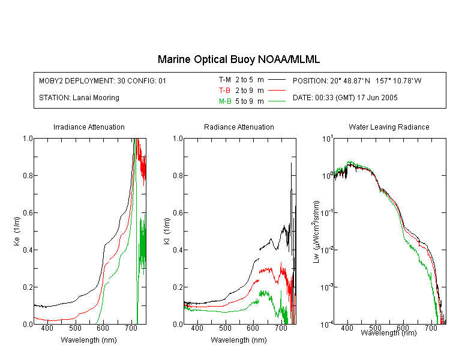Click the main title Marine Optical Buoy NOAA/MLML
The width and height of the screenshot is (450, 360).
238,59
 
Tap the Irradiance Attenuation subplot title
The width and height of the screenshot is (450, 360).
89,127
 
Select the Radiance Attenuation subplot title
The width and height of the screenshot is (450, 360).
239,127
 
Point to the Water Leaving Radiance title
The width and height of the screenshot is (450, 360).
389,127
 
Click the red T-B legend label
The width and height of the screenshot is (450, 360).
224,91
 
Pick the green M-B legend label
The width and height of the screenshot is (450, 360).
225,101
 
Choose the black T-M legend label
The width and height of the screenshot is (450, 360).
225,80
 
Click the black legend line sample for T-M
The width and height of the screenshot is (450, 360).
277,80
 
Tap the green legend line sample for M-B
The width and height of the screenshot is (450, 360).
277,101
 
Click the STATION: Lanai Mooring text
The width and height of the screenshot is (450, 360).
79,98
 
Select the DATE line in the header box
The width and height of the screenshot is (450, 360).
345,98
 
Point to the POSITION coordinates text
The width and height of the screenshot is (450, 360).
357,80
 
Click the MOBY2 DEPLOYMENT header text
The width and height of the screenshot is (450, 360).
103,80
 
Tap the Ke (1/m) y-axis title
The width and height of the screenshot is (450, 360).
17,231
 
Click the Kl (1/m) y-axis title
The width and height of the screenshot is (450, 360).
167,231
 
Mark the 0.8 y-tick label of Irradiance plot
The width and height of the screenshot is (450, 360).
28,175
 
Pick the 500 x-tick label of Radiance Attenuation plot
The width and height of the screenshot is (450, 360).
225,328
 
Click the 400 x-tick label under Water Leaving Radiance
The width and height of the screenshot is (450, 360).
347,328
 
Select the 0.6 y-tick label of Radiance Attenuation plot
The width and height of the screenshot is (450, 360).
178,213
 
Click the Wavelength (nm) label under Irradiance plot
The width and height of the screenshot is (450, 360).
89,340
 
